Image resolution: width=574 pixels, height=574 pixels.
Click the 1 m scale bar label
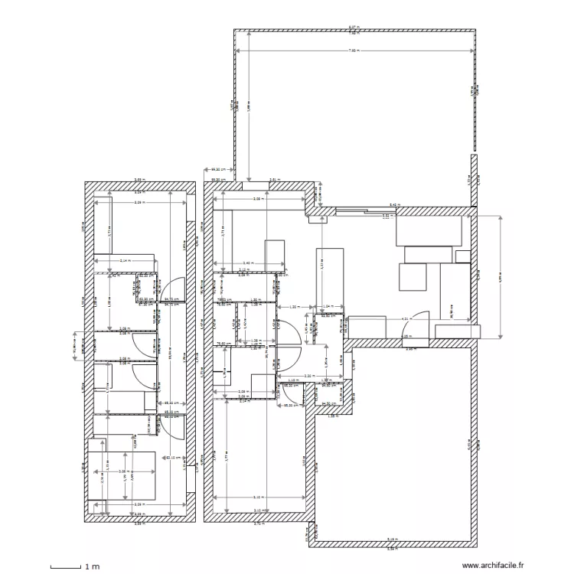click(x=93, y=567)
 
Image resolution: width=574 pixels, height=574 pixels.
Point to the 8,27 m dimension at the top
click(x=353, y=28)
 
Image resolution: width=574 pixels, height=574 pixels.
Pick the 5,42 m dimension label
click(x=393, y=205)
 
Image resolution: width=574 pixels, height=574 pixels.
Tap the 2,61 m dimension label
click(x=273, y=181)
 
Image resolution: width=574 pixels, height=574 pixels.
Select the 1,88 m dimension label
click(x=332, y=416)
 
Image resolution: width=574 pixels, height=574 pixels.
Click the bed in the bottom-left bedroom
click(x=122, y=475)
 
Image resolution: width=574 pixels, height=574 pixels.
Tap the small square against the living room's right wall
click(x=462, y=256)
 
